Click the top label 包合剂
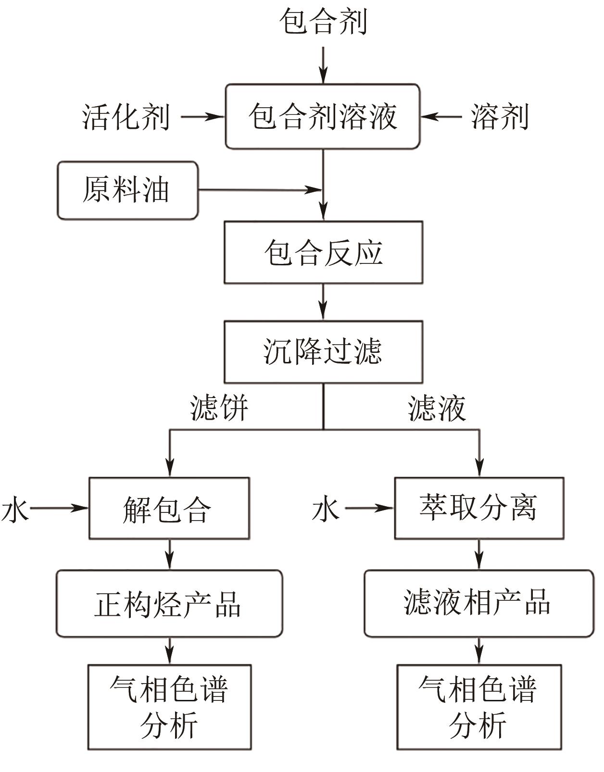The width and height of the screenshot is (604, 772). coord(323,22)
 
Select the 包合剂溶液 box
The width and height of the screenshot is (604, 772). coord(323,116)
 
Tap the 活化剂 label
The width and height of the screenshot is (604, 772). coord(126,116)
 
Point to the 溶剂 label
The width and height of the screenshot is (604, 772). coord(500,116)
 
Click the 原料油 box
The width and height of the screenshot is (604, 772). coord(127,190)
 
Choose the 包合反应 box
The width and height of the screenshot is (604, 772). coord(323,252)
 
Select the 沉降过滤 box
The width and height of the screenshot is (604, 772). coord(323,351)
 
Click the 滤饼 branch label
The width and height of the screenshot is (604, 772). coord(219,409)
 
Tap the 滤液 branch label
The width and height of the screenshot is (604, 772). coord(437,409)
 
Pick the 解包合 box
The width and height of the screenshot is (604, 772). coord(169,508)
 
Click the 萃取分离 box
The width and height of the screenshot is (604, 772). coord(479,508)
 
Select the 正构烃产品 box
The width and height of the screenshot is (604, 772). coord(169,604)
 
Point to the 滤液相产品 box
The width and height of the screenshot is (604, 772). coord(479,604)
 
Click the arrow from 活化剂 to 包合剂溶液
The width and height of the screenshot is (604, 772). coord(202,116)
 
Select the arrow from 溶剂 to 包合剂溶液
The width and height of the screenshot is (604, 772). coord(441,116)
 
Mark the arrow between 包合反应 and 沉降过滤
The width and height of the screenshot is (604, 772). coord(323,302)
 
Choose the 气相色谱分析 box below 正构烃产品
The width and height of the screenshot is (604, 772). coord(169,707)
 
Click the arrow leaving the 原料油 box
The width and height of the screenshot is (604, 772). coord(260,190)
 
